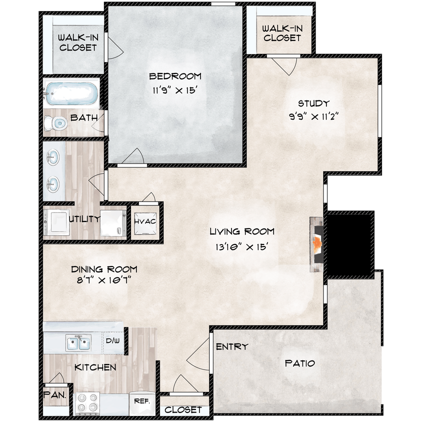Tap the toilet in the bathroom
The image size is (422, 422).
[56, 122]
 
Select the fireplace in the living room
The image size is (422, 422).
[317, 244]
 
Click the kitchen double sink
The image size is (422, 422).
[78, 343]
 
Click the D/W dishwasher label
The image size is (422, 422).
[111, 340]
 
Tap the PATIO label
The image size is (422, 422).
[300, 363]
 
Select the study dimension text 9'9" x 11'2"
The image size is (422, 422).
[313, 116]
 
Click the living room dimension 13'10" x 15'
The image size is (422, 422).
[242, 246]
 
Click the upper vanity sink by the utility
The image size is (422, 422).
[52, 159]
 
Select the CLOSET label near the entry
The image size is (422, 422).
[183, 409]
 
